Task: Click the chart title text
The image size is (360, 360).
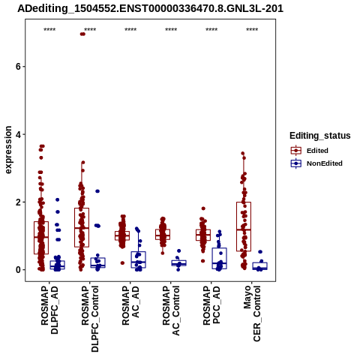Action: tap(150, 9)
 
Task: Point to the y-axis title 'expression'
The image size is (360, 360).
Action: tap(8, 150)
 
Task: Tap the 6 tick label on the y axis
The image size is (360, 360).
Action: tap(18, 67)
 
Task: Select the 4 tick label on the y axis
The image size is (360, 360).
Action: tap(18, 134)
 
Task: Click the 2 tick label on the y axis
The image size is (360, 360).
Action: tap(18, 202)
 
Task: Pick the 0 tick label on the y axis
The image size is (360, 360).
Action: tap(18, 270)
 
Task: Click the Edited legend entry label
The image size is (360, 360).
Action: tap(317, 151)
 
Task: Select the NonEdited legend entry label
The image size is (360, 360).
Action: tap(325, 163)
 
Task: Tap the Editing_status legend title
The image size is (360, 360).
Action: tap(320, 136)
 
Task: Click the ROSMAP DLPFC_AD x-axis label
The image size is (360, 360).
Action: tap(49, 310)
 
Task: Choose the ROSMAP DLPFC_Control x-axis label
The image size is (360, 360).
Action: tap(90, 319)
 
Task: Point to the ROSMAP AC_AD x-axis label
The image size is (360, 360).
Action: tap(130, 305)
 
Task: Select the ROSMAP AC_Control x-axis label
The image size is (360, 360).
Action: tap(171, 310)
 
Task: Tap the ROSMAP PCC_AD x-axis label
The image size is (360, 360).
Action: tap(211, 305)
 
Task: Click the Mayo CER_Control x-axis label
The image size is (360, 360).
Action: tap(252, 313)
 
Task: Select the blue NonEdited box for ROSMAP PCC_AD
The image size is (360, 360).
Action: tap(219, 258)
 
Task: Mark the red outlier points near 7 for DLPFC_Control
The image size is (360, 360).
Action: tap(82, 34)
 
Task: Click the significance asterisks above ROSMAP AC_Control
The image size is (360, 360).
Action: tap(171, 30)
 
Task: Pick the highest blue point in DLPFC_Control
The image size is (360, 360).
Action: tap(97, 191)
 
